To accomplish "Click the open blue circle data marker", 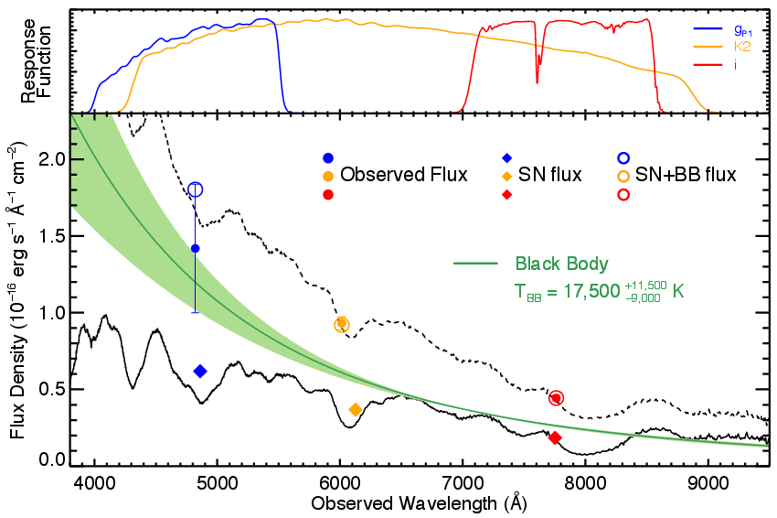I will (x=195, y=189).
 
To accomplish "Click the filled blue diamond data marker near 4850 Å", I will (x=200, y=371).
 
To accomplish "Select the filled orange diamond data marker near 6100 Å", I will (x=356, y=409).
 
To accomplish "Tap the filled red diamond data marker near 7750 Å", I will (x=555, y=437).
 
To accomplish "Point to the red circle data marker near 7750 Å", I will (x=556, y=397).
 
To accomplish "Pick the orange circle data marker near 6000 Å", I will (x=342, y=324).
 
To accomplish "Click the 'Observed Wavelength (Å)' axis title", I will (x=419, y=504).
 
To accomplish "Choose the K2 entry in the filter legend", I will (x=723, y=44).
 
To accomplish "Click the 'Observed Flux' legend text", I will (x=404, y=174).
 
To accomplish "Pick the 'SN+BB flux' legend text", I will (x=686, y=174).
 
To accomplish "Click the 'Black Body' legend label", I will (x=562, y=264).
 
